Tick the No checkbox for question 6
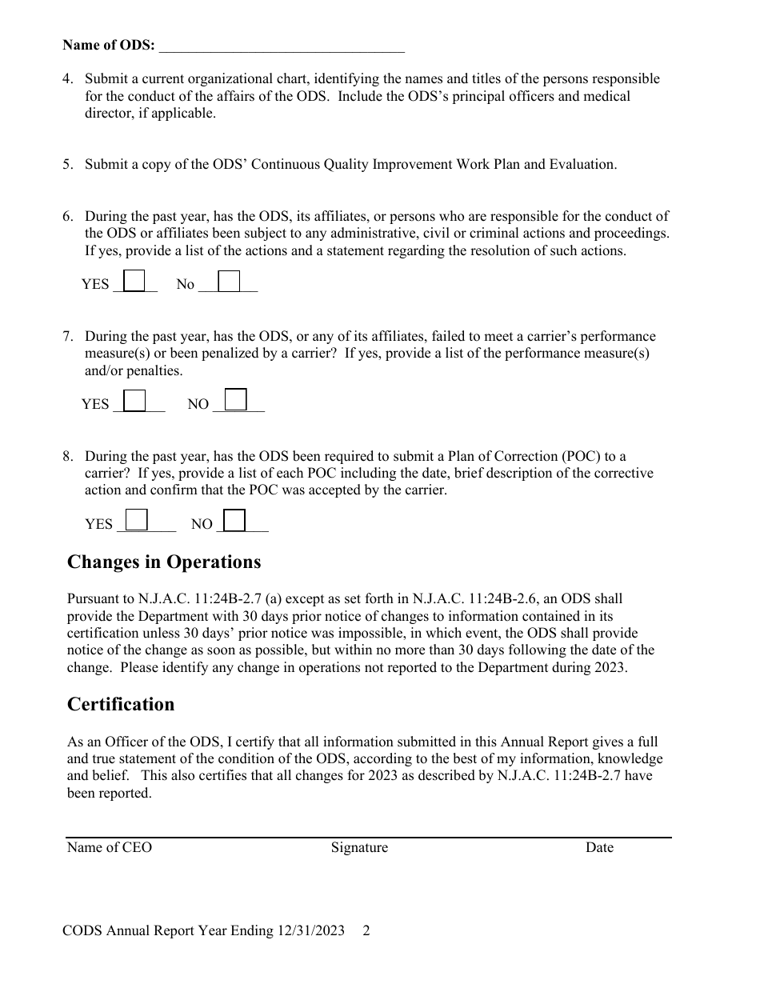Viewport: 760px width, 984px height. coord(229,281)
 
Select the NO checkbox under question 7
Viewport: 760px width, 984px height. coord(235,398)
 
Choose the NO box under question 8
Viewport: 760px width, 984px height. coord(234,520)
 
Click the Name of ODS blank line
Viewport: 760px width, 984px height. coord(282,46)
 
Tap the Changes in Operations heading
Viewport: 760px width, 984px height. coord(164,562)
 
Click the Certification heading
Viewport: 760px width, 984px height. coord(121,704)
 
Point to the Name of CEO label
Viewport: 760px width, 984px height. coord(109,847)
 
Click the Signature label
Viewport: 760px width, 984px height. coord(359,847)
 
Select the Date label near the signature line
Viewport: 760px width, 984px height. coord(599,847)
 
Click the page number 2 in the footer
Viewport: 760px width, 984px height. coord(366,930)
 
